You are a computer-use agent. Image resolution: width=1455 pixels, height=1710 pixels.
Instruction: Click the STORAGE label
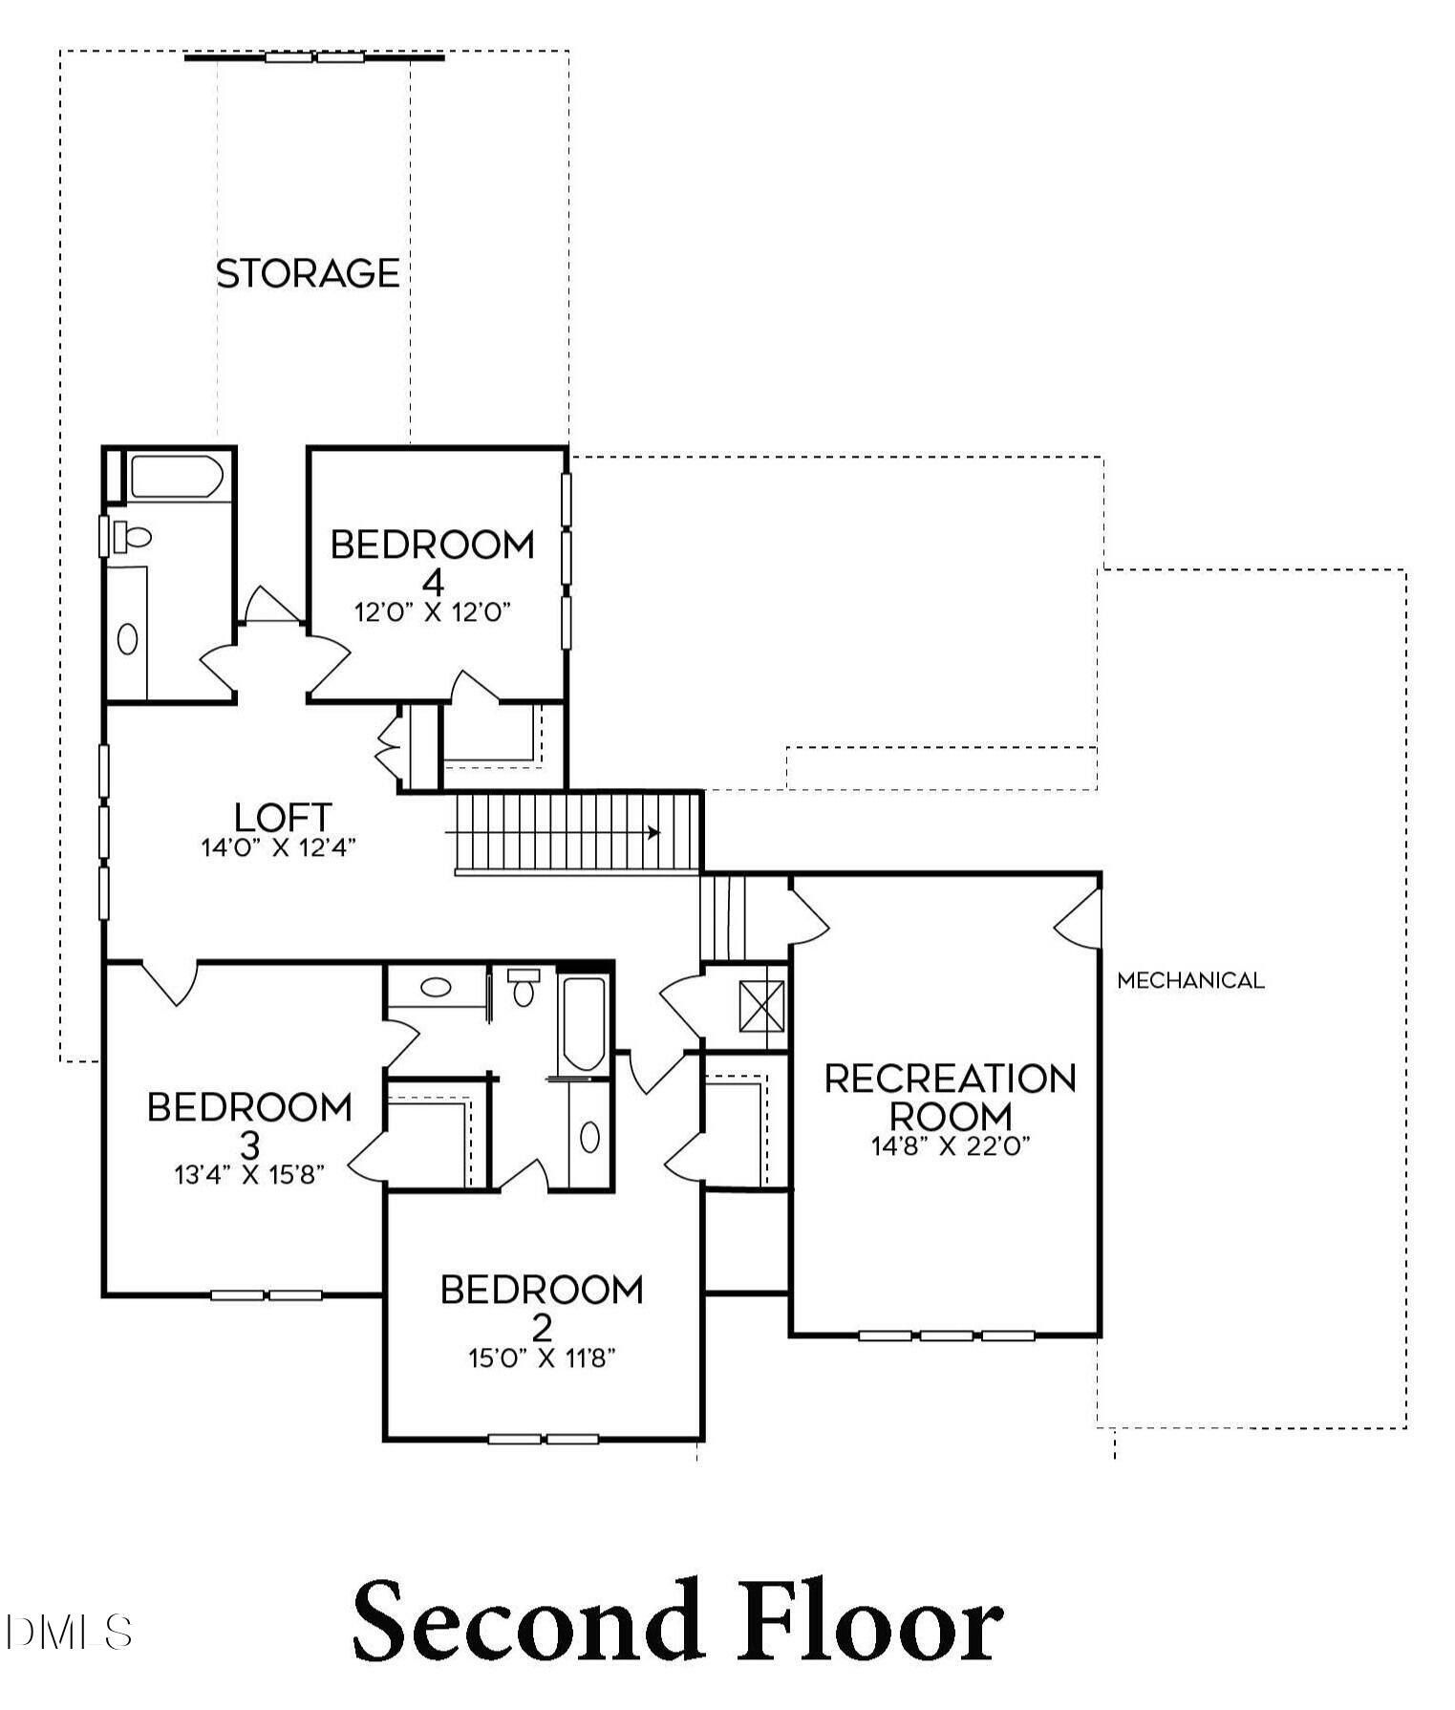[308, 274]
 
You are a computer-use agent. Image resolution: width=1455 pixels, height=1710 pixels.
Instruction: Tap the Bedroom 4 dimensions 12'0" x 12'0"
[434, 612]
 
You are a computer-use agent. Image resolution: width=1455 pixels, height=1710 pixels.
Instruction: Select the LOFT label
[283, 817]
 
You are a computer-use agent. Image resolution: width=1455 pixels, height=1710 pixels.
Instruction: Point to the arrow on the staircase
[653, 832]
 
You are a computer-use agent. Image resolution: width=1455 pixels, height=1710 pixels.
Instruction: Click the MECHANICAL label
[1190, 980]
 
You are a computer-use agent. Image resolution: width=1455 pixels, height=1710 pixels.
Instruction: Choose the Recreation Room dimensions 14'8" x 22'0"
[951, 1145]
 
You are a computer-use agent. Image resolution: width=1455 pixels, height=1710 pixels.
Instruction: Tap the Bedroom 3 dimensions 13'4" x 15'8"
[250, 1174]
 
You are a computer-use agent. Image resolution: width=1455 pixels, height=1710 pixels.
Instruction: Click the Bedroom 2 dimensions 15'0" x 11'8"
[542, 1357]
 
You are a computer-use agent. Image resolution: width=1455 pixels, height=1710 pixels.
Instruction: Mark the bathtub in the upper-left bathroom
[177, 476]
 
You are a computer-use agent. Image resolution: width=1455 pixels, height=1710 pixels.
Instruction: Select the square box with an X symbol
[761, 1006]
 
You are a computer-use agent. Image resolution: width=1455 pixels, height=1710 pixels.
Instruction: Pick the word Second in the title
[523, 1621]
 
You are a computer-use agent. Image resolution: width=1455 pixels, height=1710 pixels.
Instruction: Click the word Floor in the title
[869, 1621]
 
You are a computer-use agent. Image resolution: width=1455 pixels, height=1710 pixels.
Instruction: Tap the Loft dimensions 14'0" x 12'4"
[278, 847]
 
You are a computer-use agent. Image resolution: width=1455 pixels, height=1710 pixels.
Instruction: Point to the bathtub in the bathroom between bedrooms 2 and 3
[583, 1023]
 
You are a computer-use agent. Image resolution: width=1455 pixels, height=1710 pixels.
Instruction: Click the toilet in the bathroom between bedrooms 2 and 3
[523, 988]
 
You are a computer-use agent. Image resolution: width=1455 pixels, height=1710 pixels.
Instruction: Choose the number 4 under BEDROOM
[433, 582]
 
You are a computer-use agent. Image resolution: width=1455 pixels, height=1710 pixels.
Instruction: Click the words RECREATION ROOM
[951, 1097]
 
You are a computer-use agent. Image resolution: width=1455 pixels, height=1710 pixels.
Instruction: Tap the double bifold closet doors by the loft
[390, 746]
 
